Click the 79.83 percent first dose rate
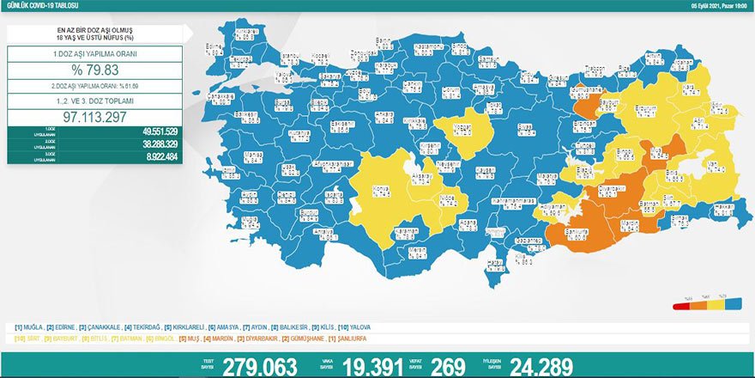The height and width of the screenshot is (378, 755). (x=94, y=70)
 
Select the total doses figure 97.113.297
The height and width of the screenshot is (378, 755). (x=94, y=114)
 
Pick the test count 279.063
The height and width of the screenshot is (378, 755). (x=259, y=366)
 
